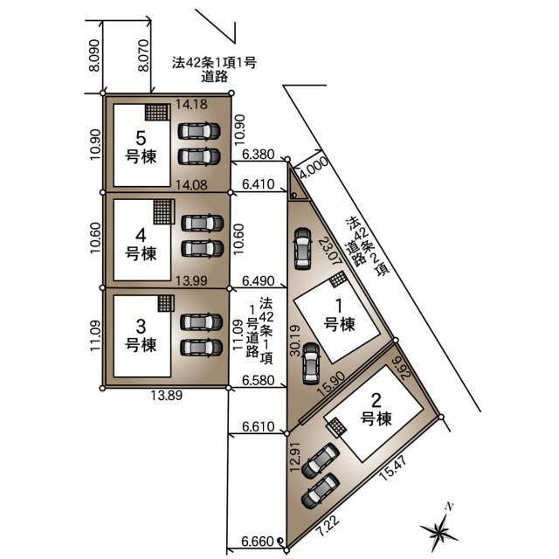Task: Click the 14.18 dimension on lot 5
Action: click(191, 104)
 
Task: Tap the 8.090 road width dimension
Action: click(94, 55)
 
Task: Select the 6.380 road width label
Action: click(259, 155)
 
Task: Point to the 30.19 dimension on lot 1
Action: click(295, 340)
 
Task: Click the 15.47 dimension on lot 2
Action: click(394, 467)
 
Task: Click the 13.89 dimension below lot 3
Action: click(167, 395)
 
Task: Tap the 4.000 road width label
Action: click(314, 168)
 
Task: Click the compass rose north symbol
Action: click(438, 528)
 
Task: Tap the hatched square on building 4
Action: click(163, 211)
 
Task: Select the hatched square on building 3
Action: click(166, 303)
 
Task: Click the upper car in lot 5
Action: click(199, 131)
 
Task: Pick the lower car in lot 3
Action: click(202, 348)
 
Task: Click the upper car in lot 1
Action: click(302, 248)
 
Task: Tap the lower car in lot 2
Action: click(321, 491)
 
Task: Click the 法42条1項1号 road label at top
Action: click(214, 63)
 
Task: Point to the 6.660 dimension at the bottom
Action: click(258, 542)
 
